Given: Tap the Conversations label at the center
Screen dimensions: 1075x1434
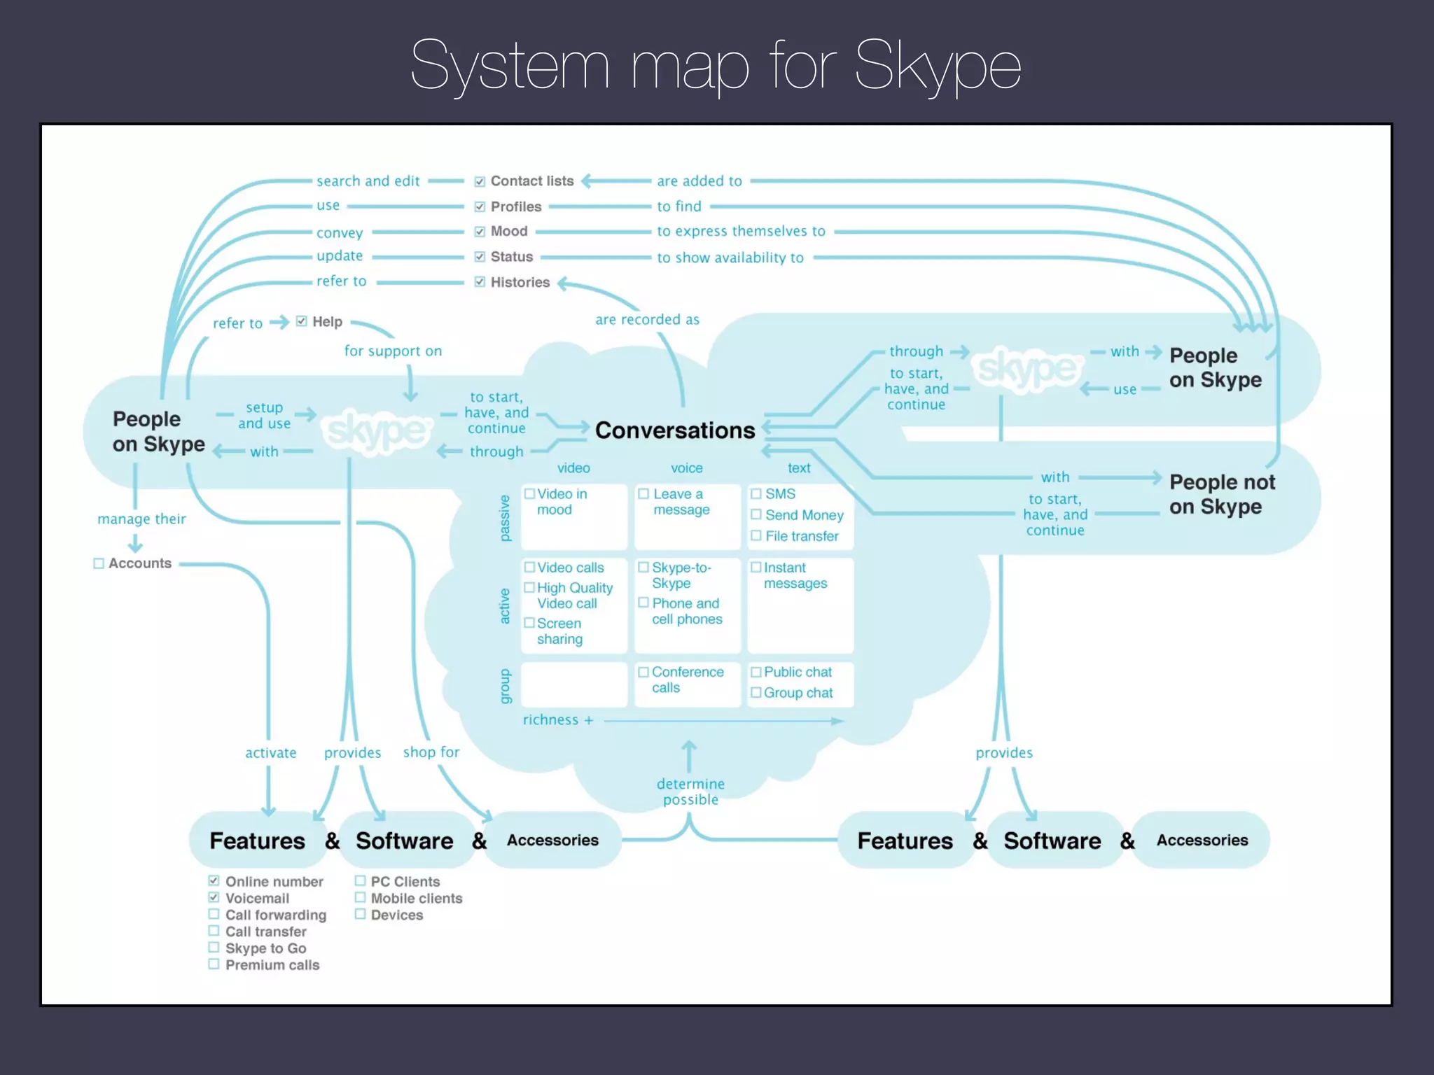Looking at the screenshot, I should point(674,430).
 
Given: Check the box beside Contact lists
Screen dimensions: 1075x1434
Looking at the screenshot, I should point(480,182).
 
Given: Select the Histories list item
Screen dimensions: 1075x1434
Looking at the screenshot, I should point(520,282).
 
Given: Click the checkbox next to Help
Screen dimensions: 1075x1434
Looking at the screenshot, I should point(302,321).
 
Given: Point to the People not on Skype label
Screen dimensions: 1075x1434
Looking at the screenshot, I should point(1221,494).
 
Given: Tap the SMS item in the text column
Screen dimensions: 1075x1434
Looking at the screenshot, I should point(780,494).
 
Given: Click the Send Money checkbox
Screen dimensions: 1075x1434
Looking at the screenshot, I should point(756,515).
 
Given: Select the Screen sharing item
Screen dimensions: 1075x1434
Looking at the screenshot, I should point(559,631).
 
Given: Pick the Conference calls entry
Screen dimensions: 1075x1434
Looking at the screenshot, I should point(686,680).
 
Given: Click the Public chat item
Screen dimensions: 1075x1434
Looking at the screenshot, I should point(797,672).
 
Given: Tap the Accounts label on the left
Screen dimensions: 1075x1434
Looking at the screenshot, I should point(139,563).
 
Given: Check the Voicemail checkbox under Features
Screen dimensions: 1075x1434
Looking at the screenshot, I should point(214,898).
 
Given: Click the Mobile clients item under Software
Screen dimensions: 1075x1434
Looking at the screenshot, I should point(416,898).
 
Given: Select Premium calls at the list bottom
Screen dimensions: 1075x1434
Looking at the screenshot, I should point(272,965).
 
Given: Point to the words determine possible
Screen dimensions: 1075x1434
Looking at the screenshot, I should point(690,792).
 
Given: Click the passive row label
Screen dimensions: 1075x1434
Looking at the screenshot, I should point(505,518).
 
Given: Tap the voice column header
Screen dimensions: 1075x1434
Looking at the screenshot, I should point(686,468).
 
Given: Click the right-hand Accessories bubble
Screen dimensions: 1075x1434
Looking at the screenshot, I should point(1202,840).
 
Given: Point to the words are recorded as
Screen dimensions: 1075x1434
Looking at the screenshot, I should point(647,320).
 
